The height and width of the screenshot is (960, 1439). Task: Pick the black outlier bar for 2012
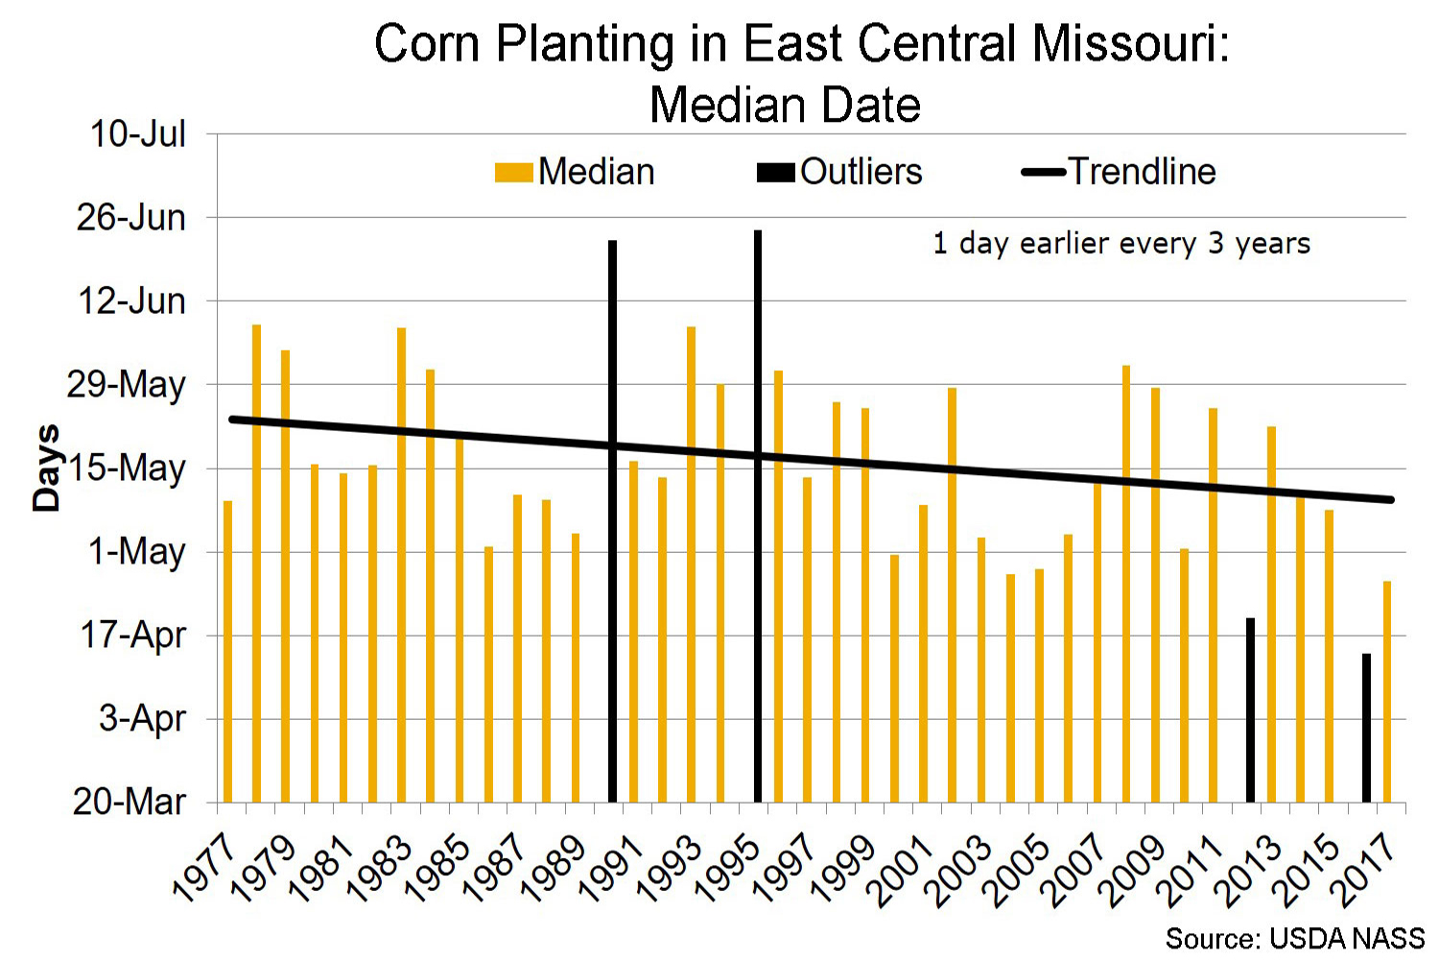[1250, 709]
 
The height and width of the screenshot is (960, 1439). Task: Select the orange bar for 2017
[1386, 691]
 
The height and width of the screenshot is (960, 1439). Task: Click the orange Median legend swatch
[513, 173]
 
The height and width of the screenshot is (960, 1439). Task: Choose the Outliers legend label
[861, 172]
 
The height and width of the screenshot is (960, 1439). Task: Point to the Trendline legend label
[1142, 172]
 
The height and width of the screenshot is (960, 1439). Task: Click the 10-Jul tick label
[138, 134]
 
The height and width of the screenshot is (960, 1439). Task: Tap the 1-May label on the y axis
[137, 552]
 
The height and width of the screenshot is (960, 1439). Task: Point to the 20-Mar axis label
[130, 801]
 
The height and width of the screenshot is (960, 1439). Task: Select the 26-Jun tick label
[131, 218]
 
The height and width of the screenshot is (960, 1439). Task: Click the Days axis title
[46, 468]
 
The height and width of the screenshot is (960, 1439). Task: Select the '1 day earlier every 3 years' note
[1121, 243]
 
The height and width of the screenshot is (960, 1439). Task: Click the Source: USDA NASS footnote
[1294, 938]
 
